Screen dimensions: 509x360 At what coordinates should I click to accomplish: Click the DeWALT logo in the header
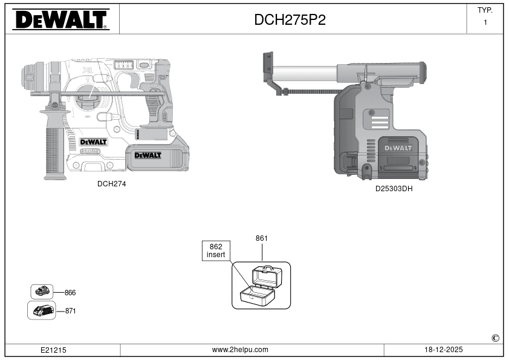coord(60,19)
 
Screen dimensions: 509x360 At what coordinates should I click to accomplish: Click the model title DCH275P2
coord(290,20)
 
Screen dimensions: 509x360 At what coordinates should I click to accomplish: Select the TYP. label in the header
coord(485,10)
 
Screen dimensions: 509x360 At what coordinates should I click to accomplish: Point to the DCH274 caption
coord(112,184)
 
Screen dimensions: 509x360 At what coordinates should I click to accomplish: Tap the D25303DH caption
coord(394,189)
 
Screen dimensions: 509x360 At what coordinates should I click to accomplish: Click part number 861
coord(262,238)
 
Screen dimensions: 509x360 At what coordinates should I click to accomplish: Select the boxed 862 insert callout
coord(216,251)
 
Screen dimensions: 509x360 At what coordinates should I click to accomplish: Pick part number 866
coord(70,293)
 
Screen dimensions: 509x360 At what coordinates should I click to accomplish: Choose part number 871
coord(71,311)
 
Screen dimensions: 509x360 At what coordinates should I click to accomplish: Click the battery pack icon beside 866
coord(42,292)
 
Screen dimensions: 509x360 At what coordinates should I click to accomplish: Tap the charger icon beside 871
coord(42,310)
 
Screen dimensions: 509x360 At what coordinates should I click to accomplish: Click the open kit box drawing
coord(261,285)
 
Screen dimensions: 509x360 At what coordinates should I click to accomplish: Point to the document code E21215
coord(53,350)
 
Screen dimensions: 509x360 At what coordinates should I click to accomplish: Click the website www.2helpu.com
coord(240,350)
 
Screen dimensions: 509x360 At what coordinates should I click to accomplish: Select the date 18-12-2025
coord(444,350)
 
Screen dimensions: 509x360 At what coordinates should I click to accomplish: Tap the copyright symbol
coord(495,338)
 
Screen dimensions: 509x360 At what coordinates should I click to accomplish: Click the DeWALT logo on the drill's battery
coord(148,155)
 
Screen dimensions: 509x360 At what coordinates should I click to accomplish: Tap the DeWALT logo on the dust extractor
coord(398,148)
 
